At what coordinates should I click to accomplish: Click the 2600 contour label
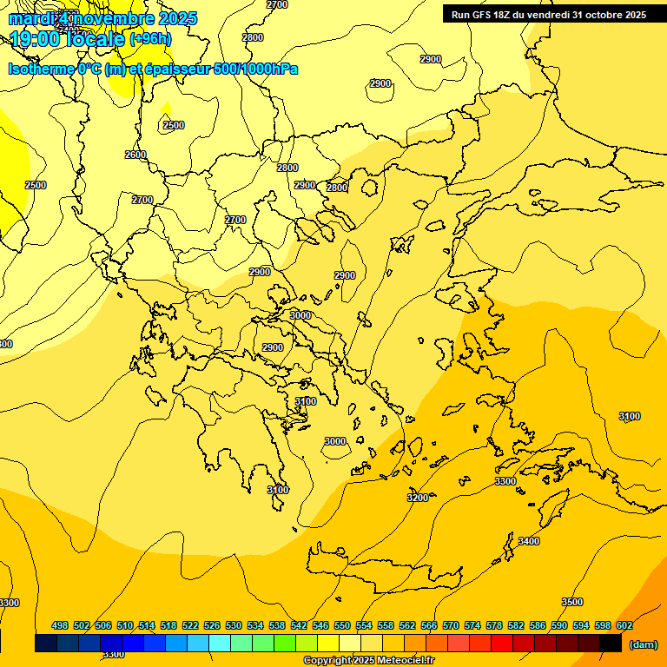(x=135, y=155)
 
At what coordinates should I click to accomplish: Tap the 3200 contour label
(x=418, y=498)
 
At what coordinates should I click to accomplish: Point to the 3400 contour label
(x=528, y=541)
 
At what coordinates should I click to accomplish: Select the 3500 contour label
(x=571, y=602)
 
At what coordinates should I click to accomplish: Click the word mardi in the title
(x=32, y=18)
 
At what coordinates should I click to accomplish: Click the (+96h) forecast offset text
(x=150, y=39)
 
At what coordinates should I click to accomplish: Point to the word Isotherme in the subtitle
(x=41, y=69)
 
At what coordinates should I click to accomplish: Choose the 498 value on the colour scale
(x=60, y=625)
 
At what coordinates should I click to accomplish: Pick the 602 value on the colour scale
(x=624, y=625)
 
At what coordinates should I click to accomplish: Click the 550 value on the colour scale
(x=342, y=625)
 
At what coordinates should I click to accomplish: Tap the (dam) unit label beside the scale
(x=644, y=644)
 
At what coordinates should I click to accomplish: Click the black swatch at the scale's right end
(x=611, y=644)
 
